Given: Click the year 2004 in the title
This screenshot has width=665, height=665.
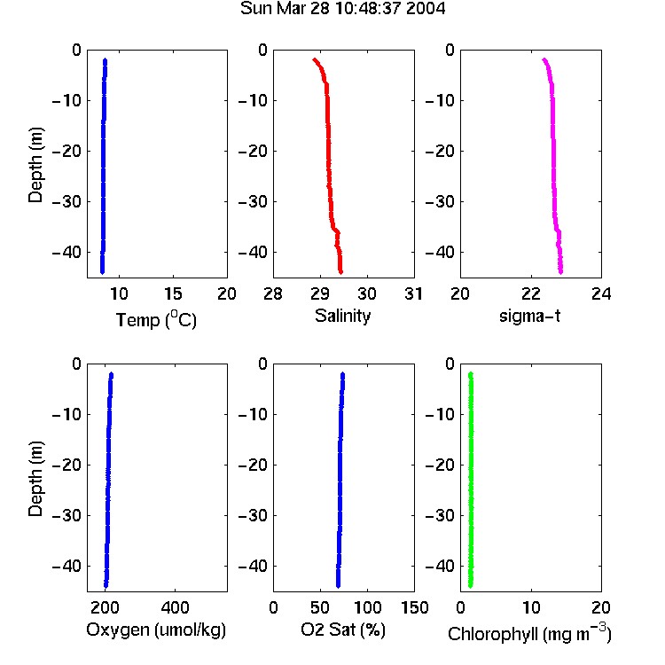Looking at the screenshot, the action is coord(426,9).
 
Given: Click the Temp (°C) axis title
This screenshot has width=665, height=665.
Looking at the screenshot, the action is coord(156,319).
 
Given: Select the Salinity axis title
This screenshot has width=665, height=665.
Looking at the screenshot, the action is coord(342,316).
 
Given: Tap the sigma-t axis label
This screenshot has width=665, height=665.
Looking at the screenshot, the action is coord(529,316).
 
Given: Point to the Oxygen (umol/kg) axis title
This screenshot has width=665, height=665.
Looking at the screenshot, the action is coord(156,630).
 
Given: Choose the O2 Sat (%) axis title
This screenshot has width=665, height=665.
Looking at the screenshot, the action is coord(342,630).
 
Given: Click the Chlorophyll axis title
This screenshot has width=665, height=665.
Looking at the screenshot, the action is coord(529,633).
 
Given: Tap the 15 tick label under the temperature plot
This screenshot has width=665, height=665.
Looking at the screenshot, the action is coord(173,293).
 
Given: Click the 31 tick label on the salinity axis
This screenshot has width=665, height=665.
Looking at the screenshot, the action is coord(413,293).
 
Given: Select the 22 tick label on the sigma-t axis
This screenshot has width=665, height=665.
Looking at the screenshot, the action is coord(531,293).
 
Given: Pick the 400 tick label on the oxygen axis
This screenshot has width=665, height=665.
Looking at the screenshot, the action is coord(175,607).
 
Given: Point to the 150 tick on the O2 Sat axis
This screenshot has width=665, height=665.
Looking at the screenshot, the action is coord(415,607).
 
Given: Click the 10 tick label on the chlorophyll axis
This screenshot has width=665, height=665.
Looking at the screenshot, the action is coord(531,607).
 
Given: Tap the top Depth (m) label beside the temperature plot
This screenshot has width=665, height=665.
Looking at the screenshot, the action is coord(35,165).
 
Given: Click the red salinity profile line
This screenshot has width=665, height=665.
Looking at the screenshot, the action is coord(329,166).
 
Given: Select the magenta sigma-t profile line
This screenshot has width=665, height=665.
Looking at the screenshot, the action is coord(553,166).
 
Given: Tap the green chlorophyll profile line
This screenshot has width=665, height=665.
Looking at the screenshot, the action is coord(471,479).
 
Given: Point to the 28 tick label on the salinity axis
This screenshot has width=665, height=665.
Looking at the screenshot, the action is coord(273,293).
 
